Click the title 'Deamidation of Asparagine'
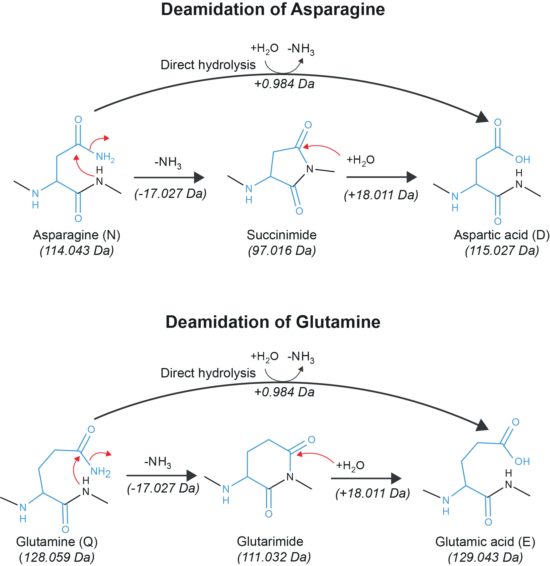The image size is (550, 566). pyautogui.click(x=273, y=10)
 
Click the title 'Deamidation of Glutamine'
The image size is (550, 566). pyautogui.click(x=273, y=322)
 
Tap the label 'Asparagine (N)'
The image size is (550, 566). pyautogui.click(x=77, y=235)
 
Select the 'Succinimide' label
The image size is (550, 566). pyautogui.click(x=281, y=235)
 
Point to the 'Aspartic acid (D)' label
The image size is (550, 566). pyautogui.click(x=502, y=235)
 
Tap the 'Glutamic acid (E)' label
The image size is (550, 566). pyautogui.click(x=485, y=542)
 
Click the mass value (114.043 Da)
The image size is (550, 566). pyautogui.click(x=77, y=250)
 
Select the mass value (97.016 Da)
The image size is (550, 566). pyautogui.click(x=282, y=250)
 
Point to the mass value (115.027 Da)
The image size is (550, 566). pyautogui.click(x=502, y=250)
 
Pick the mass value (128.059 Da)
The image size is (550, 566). pyautogui.click(x=57, y=557)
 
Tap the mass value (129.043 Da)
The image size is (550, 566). pyautogui.click(x=485, y=557)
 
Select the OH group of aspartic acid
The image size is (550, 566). pyautogui.click(x=522, y=159)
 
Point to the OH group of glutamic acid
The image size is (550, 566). pyautogui.click(x=522, y=462)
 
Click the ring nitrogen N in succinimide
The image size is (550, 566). pyautogui.click(x=310, y=169)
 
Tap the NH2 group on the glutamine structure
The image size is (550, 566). pyautogui.click(x=100, y=472)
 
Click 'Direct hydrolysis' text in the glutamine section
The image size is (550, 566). pyautogui.click(x=208, y=373)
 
